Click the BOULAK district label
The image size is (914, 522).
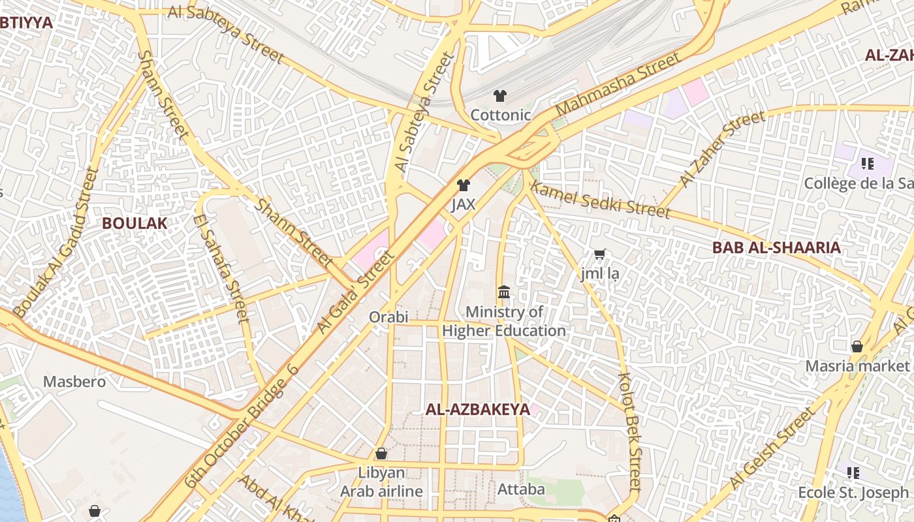(x=134, y=223)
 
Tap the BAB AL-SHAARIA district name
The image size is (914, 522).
(x=776, y=248)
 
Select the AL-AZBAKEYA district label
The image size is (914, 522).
(x=477, y=410)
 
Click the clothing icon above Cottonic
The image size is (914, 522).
(x=500, y=96)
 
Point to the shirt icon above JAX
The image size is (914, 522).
(x=464, y=185)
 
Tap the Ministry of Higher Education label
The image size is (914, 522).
(x=504, y=321)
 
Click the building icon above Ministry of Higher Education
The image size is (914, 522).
(x=504, y=292)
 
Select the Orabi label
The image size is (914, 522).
(x=388, y=317)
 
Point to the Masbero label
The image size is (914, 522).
(x=74, y=381)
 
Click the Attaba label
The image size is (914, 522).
(x=521, y=489)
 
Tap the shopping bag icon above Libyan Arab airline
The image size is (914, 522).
(x=381, y=453)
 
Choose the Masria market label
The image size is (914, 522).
(x=857, y=365)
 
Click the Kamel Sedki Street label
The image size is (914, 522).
(x=600, y=200)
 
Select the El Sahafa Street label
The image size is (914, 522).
(x=223, y=268)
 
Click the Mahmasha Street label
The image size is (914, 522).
(x=617, y=84)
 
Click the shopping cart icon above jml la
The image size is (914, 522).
(x=599, y=254)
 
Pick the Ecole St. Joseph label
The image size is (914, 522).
(x=853, y=492)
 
